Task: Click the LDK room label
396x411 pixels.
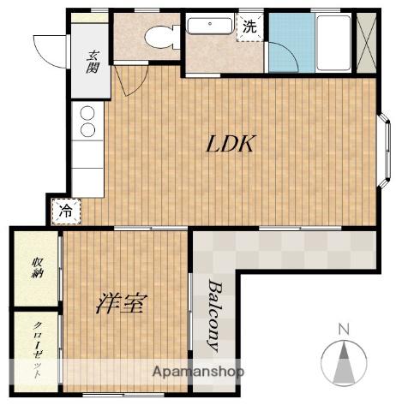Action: coord(230,144)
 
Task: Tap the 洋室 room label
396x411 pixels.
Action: coord(122,304)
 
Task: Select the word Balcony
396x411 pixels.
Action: coord(215,315)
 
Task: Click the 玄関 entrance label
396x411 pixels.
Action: coord(93,62)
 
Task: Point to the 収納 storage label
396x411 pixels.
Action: coord(37,267)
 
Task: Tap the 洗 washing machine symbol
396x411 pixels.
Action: coord(249,27)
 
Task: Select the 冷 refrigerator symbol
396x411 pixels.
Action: coord(66,211)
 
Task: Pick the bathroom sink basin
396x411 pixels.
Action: coord(209,26)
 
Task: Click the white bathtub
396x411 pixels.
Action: coord(333,43)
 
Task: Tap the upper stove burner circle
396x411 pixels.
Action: coord(87,113)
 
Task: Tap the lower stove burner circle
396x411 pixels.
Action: coord(87,130)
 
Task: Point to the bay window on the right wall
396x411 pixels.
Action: coord(384,151)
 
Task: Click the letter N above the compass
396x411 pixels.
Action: coord(344,330)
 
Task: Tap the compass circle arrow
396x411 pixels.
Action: coord(344,364)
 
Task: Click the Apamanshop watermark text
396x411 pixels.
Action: coord(198,372)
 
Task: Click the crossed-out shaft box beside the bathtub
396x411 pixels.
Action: coord(367,43)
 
